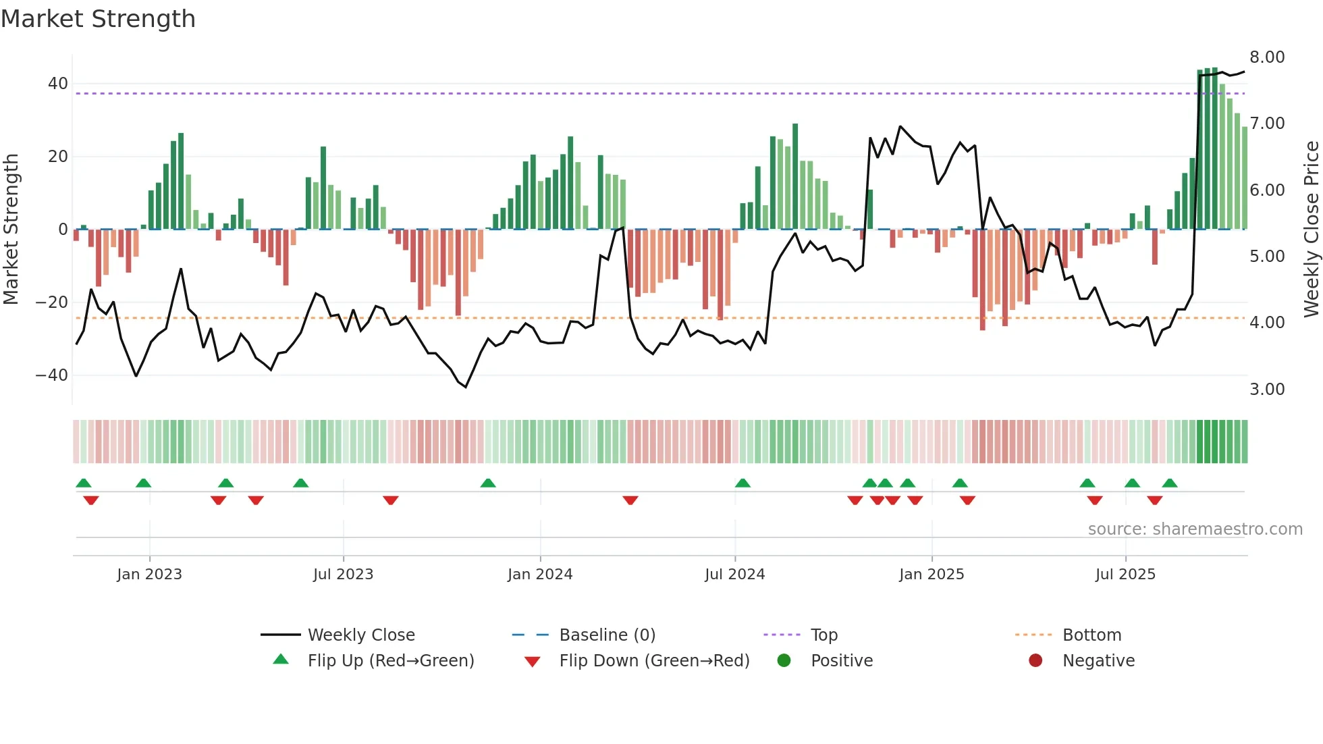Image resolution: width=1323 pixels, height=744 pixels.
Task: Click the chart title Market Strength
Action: (x=98, y=19)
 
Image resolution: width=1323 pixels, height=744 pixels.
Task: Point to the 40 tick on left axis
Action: (x=58, y=84)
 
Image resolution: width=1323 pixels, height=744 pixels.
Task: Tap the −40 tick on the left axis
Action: (x=52, y=375)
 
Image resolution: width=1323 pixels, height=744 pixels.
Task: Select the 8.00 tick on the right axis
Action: (x=1267, y=57)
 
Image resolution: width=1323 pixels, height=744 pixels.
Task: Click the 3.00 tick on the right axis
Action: (x=1267, y=390)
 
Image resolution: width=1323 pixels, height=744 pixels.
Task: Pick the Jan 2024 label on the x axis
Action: (x=540, y=575)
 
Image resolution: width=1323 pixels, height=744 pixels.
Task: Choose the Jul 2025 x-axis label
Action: (x=1125, y=575)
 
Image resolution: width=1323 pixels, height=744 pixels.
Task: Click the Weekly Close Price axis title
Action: (x=1311, y=230)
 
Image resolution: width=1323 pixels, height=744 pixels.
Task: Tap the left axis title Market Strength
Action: (x=11, y=230)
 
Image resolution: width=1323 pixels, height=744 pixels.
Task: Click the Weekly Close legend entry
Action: (x=361, y=635)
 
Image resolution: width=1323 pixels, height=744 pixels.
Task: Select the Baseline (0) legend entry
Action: (x=607, y=635)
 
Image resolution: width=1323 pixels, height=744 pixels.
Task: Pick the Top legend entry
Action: (x=824, y=635)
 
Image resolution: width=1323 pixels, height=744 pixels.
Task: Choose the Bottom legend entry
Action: (x=1091, y=635)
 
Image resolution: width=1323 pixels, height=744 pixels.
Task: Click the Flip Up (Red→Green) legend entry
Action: (x=391, y=661)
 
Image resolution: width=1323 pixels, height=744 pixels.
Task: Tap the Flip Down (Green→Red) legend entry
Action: (x=654, y=661)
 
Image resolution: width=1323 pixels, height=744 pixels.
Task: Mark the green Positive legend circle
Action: (x=784, y=660)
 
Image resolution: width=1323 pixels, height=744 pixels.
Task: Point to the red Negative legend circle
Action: (x=1035, y=660)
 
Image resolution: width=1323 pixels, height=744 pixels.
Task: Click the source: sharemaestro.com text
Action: (x=1195, y=529)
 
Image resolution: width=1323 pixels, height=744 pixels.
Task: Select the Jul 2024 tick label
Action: (x=734, y=575)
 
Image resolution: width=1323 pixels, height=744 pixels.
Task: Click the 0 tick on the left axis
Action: (x=63, y=230)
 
